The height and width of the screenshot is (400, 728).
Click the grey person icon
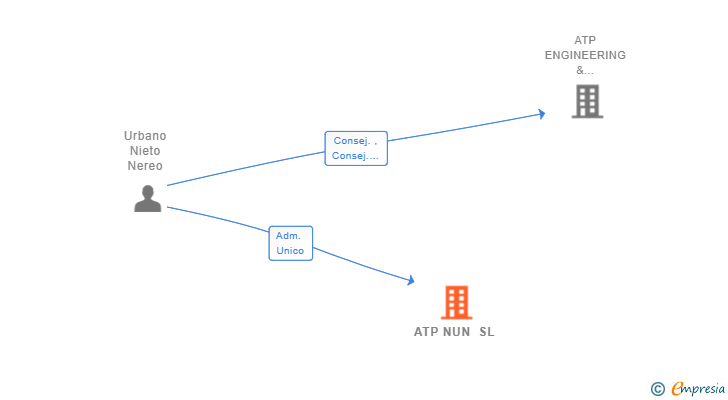click(148, 199)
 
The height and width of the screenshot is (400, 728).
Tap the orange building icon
click(456, 302)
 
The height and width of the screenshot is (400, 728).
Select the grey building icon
click(587, 101)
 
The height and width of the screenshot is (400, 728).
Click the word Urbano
click(145, 135)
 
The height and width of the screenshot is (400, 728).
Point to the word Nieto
click(145, 150)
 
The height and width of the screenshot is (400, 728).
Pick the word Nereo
click(145, 166)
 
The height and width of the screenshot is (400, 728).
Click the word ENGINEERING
click(585, 55)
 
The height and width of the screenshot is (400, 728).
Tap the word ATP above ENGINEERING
click(585, 40)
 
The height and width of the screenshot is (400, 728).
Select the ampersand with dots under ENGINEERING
click(585, 70)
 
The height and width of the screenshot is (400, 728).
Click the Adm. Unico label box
click(291, 243)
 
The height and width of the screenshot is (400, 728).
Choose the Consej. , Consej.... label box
click(356, 148)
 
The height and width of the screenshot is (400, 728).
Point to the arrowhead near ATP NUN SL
click(410, 280)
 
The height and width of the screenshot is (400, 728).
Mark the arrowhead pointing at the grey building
click(541, 114)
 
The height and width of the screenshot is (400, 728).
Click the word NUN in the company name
click(456, 332)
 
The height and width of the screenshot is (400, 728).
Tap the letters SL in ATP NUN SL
click(487, 332)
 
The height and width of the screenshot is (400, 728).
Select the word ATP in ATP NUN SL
click(426, 332)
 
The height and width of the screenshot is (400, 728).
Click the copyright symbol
click(657, 389)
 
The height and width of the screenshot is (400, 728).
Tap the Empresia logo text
click(698, 389)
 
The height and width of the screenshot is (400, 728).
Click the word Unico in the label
click(290, 251)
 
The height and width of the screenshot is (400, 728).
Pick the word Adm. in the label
click(288, 236)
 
